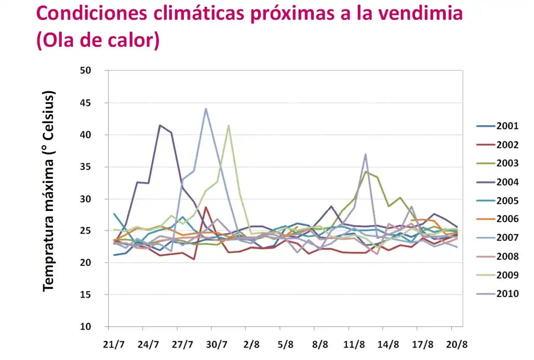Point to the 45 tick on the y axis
pyautogui.click(x=94, y=103)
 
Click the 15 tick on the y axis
pyautogui.click(x=94, y=295)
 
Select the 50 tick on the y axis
pyautogui.click(x=94, y=71)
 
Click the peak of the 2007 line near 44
pyautogui.click(x=206, y=109)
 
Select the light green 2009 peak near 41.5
pyautogui.click(x=229, y=125)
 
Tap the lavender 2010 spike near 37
pyautogui.click(x=366, y=154)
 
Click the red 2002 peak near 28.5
pyautogui.click(x=206, y=207)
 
